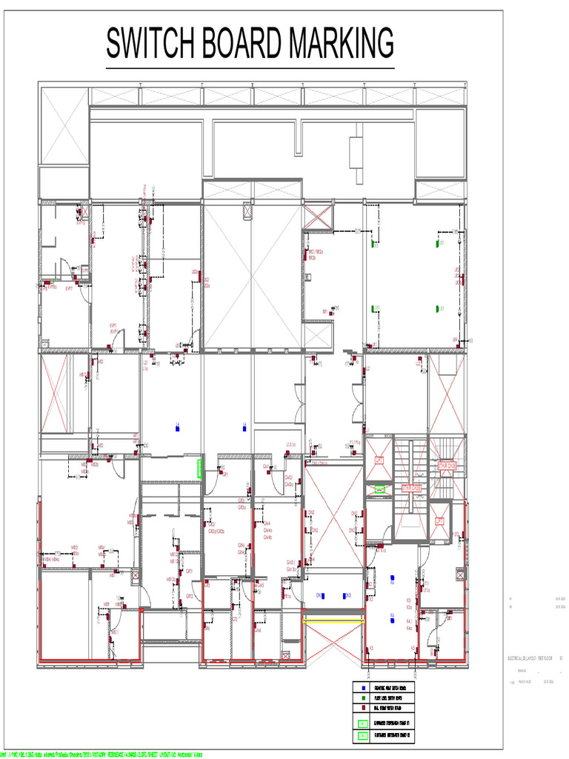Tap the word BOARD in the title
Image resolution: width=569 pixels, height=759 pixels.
pos(240,44)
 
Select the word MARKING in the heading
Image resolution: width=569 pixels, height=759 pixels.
pos(341,44)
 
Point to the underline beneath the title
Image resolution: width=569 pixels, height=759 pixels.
pos(250,68)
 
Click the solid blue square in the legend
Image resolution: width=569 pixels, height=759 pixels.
pos(363,689)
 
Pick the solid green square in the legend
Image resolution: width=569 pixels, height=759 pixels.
pos(363,698)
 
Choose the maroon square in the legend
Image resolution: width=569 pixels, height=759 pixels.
pos(363,708)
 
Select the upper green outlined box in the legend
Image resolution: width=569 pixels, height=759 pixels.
pos(363,723)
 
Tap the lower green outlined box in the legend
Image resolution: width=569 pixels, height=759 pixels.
pos(363,737)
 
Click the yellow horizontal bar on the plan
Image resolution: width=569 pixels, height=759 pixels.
pos(333,622)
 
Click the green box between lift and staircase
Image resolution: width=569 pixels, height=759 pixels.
pos(380,489)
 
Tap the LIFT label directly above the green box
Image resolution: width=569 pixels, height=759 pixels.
pos(380,460)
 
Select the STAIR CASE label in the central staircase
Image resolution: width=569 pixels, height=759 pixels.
pos(411,488)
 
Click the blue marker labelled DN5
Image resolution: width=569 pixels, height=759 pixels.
pos(347,595)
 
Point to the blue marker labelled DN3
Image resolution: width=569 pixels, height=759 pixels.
pos(322,595)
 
